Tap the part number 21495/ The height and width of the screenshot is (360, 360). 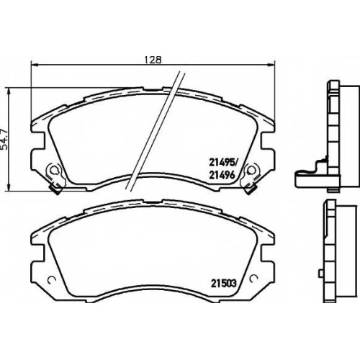[223, 163]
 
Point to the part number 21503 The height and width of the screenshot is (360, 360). [224, 283]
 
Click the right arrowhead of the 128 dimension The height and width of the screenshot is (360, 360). [271, 64]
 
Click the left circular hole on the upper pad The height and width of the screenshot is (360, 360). [55, 170]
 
